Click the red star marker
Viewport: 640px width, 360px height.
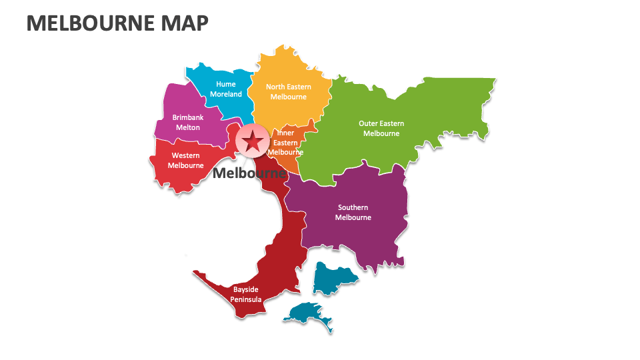[253, 141]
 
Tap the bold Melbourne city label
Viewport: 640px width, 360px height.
[249, 173]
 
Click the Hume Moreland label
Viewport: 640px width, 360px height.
[226, 89]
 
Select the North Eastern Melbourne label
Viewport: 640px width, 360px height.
[288, 91]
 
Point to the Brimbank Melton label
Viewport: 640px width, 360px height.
[188, 122]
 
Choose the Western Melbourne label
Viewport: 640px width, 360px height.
[185, 161]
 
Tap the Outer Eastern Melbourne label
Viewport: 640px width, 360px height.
[381, 128]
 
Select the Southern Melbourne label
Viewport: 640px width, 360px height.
[353, 213]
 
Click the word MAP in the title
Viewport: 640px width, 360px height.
[183, 23]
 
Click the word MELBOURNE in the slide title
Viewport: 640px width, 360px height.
[89, 23]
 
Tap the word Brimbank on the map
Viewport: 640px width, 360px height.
[188, 117]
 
